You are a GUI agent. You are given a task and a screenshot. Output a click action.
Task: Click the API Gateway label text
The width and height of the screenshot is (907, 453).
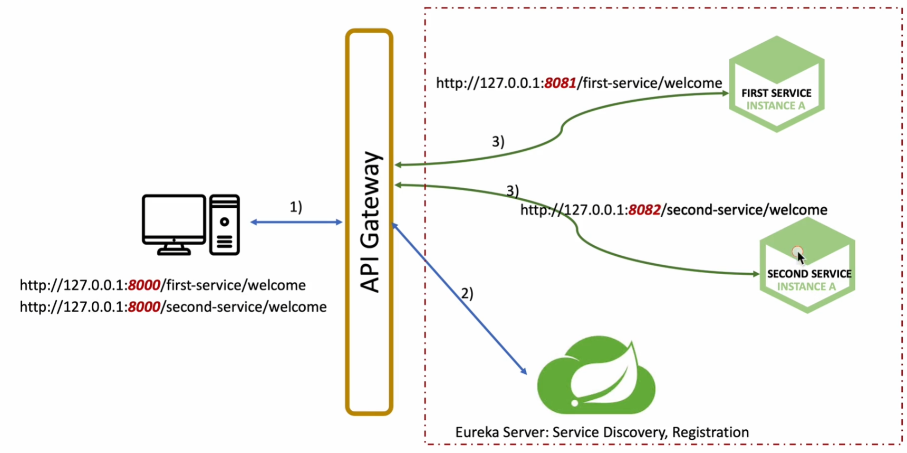click(x=370, y=222)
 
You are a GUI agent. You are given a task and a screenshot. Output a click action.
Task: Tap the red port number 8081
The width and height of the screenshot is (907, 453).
click(x=560, y=83)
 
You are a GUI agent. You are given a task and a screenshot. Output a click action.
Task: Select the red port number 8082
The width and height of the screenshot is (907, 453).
click(x=644, y=210)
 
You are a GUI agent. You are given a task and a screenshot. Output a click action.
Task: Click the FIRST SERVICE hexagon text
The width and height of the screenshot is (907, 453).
click(x=776, y=93)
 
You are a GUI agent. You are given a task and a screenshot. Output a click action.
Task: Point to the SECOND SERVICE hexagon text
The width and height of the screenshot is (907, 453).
click(x=809, y=274)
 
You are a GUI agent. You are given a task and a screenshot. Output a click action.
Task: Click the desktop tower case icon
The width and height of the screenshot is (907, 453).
click(x=225, y=225)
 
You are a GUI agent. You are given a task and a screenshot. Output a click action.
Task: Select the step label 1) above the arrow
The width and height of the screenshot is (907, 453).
click(x=296, y=207)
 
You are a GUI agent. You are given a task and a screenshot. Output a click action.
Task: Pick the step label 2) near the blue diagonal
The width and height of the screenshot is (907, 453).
click(x=467, y=293)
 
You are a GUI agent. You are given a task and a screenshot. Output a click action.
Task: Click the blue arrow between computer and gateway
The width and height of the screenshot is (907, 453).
click(x=296, y=222)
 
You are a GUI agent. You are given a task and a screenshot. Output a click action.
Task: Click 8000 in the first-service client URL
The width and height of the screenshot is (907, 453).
click(x=144, y=285)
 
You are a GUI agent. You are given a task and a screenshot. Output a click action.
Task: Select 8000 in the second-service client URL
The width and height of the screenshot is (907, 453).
click(x=144, y=307)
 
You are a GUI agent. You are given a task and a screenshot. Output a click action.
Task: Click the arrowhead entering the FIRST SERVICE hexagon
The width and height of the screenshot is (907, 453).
click(x=725, y=93)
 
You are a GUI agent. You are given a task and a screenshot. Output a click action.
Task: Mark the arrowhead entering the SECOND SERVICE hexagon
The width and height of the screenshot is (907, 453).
click(x=756, y=274)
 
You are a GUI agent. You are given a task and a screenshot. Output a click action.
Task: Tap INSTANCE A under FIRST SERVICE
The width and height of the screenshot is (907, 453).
click(x=776, y=106)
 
